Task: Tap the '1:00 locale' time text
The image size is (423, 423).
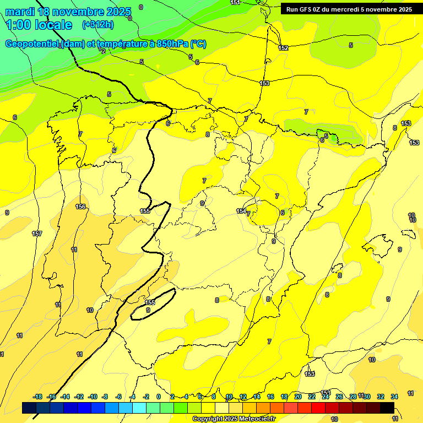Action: (39, 25)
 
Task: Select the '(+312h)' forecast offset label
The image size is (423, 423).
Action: (97, 25)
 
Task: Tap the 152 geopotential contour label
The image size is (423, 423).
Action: (283, 48)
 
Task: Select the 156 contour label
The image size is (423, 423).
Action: (80, 207)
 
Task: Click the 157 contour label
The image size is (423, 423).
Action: (37, 234)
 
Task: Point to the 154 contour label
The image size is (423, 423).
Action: (241, 211)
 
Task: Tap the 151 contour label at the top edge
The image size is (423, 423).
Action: (235, 3)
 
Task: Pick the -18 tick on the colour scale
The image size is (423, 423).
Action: (38, 397)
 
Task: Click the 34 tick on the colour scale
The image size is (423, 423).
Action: (394, 397)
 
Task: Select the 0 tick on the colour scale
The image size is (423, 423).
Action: (159, 397)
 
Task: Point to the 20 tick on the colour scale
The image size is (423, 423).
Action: (298, 397)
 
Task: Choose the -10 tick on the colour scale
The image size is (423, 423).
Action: (93, 397)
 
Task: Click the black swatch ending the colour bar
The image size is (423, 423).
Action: (387, 408)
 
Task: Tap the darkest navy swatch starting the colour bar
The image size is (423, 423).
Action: (29, 408)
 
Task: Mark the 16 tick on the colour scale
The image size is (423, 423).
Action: (270, 397)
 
